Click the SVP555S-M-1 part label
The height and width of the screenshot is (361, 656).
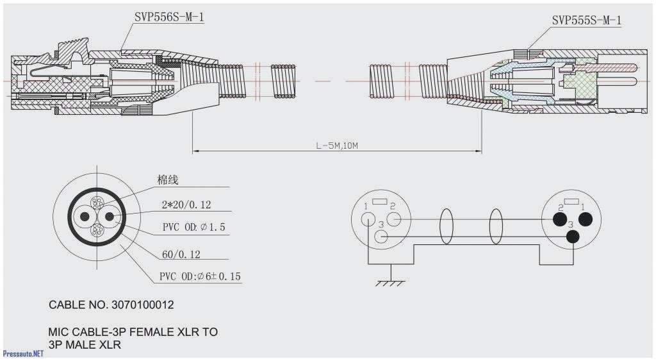586,21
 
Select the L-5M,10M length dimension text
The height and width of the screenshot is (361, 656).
336,146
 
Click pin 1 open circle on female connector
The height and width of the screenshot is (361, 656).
368,219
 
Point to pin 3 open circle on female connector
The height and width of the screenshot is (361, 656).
381,237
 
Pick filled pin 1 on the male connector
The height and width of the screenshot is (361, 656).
585,220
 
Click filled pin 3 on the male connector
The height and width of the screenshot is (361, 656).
573,237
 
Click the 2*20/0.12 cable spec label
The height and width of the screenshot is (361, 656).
186,205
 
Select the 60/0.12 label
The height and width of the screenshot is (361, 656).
181,255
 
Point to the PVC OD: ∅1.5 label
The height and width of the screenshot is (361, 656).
193,228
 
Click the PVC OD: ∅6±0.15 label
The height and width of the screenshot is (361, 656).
200,276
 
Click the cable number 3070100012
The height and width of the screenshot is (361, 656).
111,305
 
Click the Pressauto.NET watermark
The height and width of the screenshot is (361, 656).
23,353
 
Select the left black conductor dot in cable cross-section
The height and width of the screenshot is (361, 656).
85,217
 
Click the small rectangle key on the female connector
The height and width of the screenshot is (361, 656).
379,203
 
